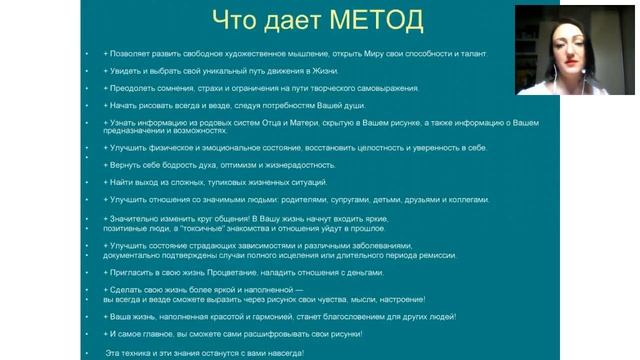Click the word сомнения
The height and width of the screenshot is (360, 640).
[x=171, y=89]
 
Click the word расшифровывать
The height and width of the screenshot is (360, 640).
[x=277, y=334]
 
